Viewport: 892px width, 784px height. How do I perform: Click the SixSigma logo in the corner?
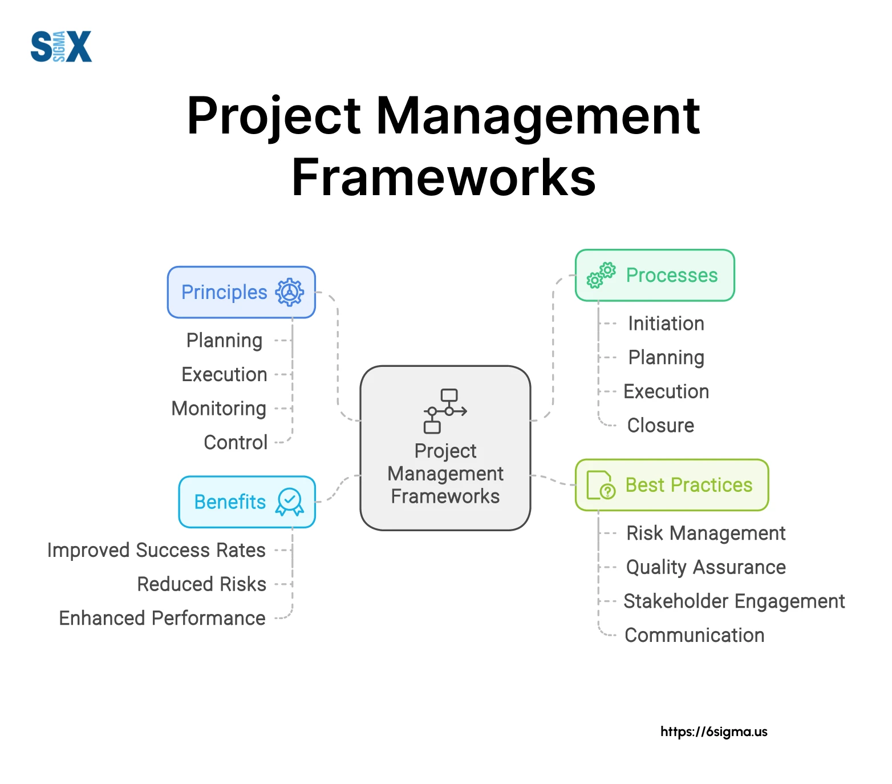pyautogui.click(x=61, y=46)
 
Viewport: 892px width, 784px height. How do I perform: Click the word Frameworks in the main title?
pyautogui.click(x=444, y=177)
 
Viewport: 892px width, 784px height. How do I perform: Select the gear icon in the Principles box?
pyautogui.click(x=290, y=292)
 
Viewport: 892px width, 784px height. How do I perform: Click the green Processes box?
pyautogui.click(x=655, y=275)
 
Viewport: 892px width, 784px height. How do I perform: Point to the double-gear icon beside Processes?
pyautogui.click(x=601, y=275)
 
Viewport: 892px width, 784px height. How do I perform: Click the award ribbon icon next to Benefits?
pyautogui.click(x=290, y=502)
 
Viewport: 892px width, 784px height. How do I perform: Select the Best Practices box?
pyautogui.click(x=672, y=485)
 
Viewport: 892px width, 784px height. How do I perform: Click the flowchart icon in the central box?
pyautogui.click(x=445, y=411)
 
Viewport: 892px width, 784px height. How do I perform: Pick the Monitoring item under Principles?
pyautogui.click(x=219, y=409)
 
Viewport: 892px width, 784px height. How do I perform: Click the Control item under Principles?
pyautogui.click(x=236, y=442)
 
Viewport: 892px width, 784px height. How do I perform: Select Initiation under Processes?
pyautogui.click(x=666, y=324)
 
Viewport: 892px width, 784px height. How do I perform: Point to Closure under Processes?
pyautogui.click(x=660, y=425)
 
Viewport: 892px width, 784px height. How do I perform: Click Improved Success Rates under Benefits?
pyautogui.click(x=156, y=550)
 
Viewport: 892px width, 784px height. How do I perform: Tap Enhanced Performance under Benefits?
pyautogui.click(x=162, y=618)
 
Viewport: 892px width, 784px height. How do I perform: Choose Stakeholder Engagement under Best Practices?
pyautogui.click(x=734, y=601)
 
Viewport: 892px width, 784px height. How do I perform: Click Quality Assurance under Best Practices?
pyautogui.click(x=706, y=567)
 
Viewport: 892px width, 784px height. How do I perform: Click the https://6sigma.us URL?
pyautogui.click(x=713, y=732)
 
